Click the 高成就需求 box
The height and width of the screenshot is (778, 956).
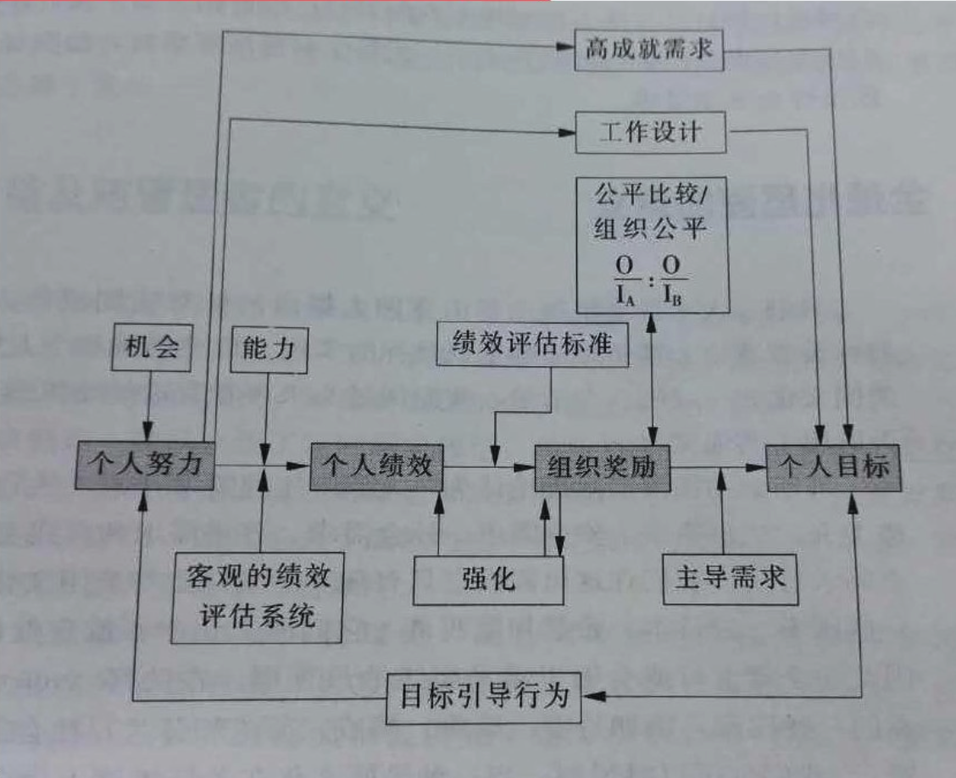coord(648,52)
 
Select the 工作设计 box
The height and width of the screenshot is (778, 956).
coord(652,132)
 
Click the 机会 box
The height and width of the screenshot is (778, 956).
coord(148,347)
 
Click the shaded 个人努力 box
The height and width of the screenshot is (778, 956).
coord(144,465)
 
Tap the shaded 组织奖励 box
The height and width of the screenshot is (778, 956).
coord(602,465)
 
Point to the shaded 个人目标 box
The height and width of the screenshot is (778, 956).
coord(832,465)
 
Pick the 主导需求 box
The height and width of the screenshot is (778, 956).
coord(730,578)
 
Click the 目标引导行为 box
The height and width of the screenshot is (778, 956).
coord(485,697)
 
